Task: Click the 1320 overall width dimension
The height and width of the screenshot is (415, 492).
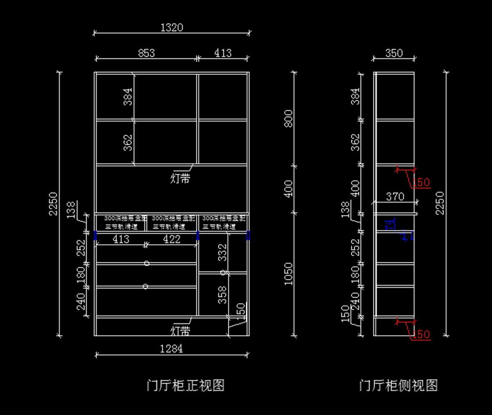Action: [x=171, y=27]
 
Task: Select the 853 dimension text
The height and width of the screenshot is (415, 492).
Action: [x=146, y=53]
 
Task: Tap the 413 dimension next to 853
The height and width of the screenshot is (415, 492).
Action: [x=223, y=53]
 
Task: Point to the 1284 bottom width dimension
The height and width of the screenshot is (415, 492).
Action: [x=171, y=349]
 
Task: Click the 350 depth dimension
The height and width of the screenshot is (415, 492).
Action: [x=394, y=53]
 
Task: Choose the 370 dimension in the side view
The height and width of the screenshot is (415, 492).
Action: [x=395, y=197]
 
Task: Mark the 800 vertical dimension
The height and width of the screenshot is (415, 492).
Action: [x=289, y=118]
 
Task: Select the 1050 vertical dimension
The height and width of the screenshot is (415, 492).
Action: [x=289, y=274]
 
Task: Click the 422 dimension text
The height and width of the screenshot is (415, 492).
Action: [x=171, y=239]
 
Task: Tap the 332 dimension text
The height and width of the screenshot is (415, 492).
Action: [x=222, y=252]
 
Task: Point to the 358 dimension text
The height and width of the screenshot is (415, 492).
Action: [x=222, y=295]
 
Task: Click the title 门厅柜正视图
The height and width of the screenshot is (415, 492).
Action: [x=185, y=386]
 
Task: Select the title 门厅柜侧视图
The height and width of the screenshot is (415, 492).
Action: [x=398, y=386]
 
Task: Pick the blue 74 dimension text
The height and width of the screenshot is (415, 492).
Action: [x=390, y=224]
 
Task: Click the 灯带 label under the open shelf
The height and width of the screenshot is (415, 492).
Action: [x=180, y=179]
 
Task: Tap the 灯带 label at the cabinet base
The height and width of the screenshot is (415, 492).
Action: [x=180, y=330]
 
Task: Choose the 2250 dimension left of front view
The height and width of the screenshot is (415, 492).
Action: [x=53, y=204]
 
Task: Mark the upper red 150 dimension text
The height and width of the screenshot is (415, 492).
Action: [x=421, y=182]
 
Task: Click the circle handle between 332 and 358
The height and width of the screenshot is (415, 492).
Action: [x=223, y=272]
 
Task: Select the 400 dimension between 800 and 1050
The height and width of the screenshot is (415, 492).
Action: [x=289, y=188]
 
